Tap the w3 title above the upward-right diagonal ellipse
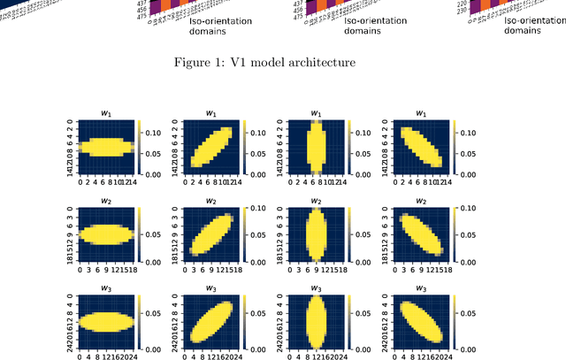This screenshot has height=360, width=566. tap(210, 288)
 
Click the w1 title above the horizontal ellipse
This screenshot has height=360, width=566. tap(106, 113)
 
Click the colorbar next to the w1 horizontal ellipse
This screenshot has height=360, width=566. tap(141, 147)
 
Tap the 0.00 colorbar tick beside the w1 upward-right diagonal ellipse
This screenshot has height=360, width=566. tap(259, 174)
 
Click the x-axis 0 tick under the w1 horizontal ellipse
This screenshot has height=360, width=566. tap(80, 183)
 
